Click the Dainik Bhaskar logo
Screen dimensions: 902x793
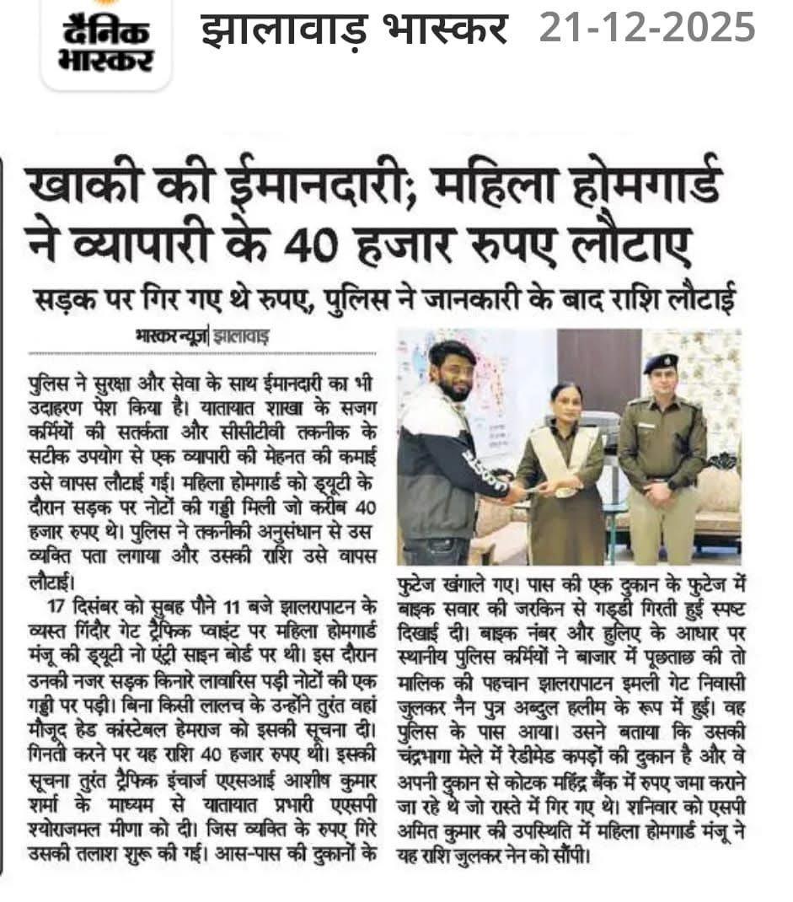tap(105, 42)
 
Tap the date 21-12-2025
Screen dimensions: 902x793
tap(647, 29)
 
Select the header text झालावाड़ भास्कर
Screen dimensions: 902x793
tap(354, 29)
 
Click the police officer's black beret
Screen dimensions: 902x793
tap(661, 362)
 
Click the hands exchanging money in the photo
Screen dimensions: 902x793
tap(531, 486)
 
